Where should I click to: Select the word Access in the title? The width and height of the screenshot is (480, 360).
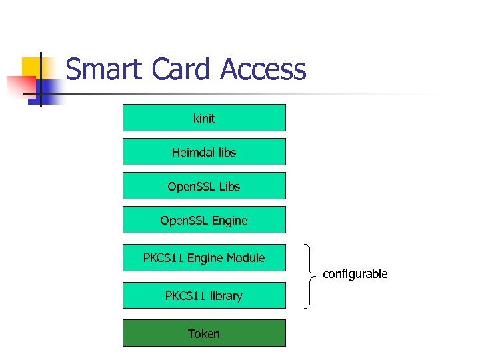point(263,70)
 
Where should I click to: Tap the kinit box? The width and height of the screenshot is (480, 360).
point(204,117)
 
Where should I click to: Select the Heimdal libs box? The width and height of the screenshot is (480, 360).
point(204,151)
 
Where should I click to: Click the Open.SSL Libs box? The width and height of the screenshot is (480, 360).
point(204,185)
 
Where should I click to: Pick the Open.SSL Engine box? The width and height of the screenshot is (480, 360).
point(204,219)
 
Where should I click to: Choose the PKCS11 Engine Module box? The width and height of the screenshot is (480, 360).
point(204,257)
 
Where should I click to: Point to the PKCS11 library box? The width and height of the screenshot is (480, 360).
point(204,295)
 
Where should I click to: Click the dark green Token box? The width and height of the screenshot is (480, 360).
point(204,333)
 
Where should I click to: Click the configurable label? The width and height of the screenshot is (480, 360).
point(355,274)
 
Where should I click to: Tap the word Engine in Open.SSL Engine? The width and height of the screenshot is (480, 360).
point(230,220)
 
